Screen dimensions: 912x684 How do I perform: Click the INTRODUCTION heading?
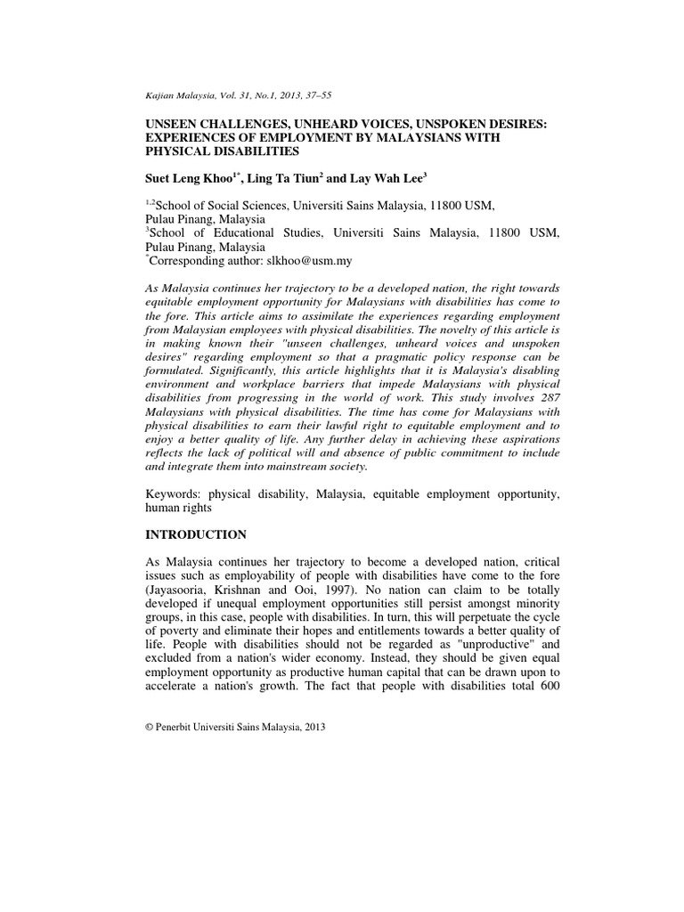(195, 535)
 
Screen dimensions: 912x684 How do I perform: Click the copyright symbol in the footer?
(149, 727)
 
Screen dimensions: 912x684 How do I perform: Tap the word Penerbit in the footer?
(178, 727)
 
